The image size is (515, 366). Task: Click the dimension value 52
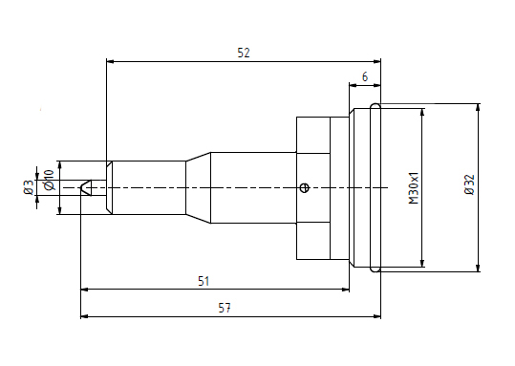[244, 53]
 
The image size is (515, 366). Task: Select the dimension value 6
[365, 76]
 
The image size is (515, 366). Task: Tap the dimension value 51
[204, 281]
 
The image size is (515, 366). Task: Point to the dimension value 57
[225, 308]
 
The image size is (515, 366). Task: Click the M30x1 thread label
[414, 188]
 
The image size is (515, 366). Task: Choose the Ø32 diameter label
[470, 184]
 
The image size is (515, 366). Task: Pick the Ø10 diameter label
[50, 180]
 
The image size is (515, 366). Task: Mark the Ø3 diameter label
[29, 187]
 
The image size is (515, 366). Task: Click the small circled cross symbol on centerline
[305, 188]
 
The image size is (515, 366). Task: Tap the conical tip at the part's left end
[86, 187]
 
